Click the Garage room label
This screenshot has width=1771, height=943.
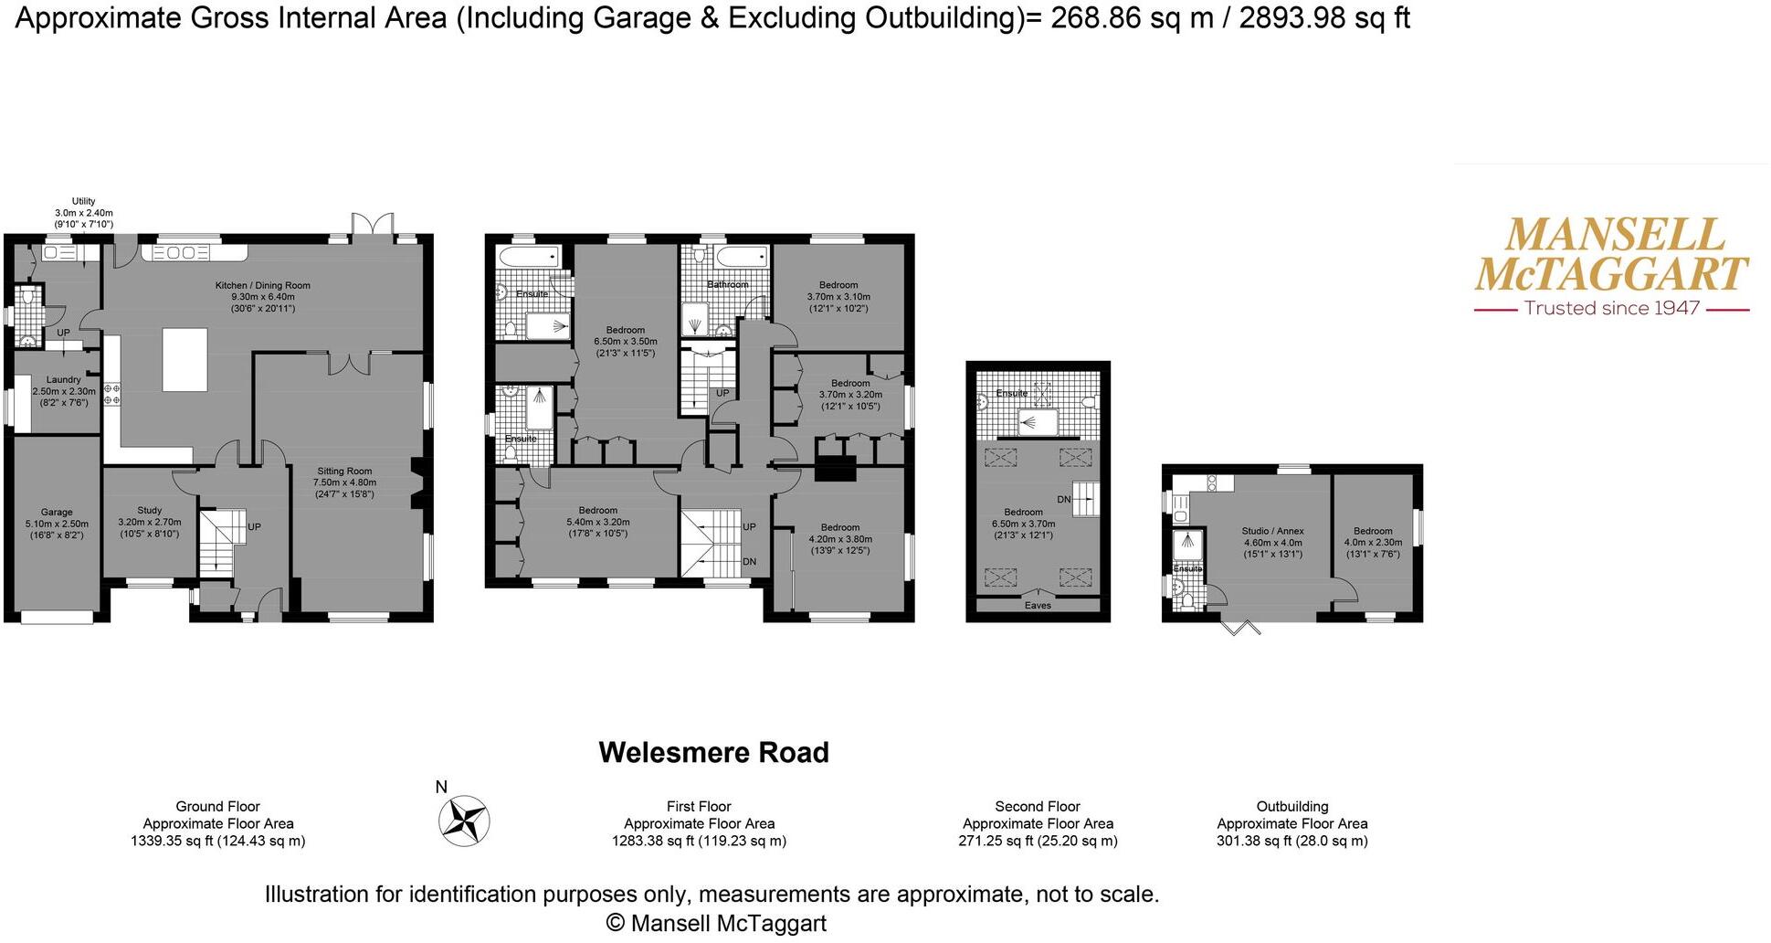click(57, 514)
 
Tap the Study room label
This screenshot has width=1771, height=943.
click(150, 512)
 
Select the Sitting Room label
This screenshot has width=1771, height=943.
click(344, 472)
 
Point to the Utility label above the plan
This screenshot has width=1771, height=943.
click(83, 202)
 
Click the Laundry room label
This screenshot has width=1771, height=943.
click(64, 380)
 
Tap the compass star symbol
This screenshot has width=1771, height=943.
click(464, 820)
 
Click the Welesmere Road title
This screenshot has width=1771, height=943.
click(713, 753)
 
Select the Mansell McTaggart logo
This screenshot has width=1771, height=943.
click(1611, 255)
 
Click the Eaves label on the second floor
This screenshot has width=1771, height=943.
click(1038, 606)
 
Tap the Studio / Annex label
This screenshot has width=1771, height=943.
click(1272, 532)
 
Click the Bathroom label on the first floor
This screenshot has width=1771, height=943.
click(727, 285)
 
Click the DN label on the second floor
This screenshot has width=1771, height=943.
click(1063, 500)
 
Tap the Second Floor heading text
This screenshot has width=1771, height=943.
click(1037, 807)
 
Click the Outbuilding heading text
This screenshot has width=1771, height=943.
click(1291, 807)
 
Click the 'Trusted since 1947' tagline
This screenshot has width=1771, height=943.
click(1611, 309)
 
